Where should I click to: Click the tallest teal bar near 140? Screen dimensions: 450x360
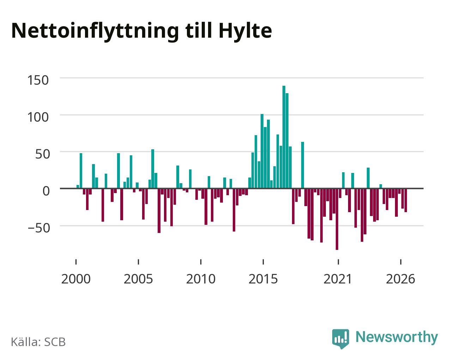(x=284, y=137)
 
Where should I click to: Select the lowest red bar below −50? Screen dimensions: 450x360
(x=337, y=219)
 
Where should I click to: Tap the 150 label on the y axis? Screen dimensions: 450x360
(x=38, y=80)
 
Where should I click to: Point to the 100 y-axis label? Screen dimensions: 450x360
(x=38, y=117)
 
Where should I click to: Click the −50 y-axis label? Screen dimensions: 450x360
(x=39, y=228)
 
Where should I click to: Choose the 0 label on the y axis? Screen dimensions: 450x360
(x=46, y=191)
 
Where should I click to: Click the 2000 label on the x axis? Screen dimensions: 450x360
(x=76, y=279)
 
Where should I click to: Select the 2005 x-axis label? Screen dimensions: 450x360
(x=138, y=279)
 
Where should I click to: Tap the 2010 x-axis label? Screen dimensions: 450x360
(x=201, y=279)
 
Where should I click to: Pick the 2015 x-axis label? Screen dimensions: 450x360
(x=263, y=279)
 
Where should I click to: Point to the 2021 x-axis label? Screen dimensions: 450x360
(x=338, y=279)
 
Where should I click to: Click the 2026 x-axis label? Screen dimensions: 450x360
(x=400, y=279)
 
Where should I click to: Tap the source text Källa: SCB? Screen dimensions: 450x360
(x=38, y=342)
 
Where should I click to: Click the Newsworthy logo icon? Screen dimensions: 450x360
(x=341, y=339)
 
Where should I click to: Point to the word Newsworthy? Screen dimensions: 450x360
(x=397, y=337)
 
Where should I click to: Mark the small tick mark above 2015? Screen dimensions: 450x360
(x=263, y=262)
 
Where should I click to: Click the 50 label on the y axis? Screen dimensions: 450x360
(x=43, y=154)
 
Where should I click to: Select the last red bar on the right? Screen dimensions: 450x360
(x=406, y=200)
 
